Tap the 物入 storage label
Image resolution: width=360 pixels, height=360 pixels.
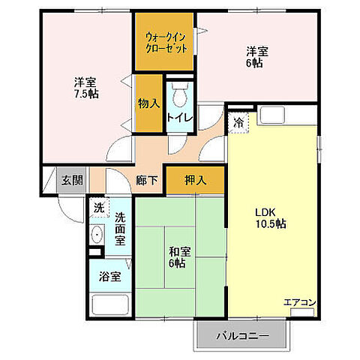pyautogui.click(x=148, y=103)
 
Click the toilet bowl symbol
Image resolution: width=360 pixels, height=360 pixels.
pyautogui.click(x=179, y=96)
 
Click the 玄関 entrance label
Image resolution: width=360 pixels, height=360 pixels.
pyautogui.click(x=73, y=180)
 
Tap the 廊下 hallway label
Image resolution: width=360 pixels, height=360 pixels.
pyautogui.click(x=147, y=180)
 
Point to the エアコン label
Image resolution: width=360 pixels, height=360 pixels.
pyautogui.click(x=299, y=302)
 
